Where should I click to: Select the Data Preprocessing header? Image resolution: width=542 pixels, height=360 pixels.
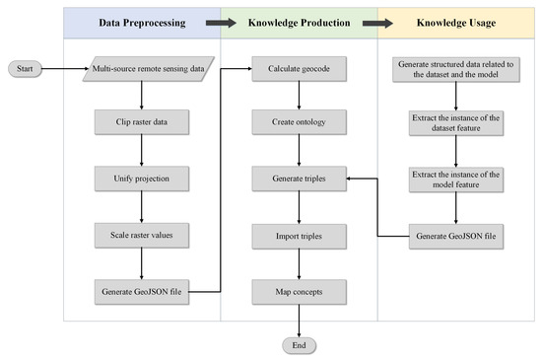point(141,21)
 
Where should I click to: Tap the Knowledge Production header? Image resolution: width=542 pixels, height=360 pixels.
point(298,21)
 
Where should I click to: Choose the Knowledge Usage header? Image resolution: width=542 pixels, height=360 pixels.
point(455,21)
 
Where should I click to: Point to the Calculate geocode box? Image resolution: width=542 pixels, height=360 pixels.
point(298,69)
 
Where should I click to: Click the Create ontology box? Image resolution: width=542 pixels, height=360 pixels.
point(298,124)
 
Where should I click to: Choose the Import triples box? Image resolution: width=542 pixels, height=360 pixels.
point(298,236)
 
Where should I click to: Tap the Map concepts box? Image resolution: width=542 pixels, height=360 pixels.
point(298,292)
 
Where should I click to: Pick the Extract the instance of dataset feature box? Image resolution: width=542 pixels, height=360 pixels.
point(455,124)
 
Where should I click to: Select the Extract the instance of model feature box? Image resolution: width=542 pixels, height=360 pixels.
point(455,180)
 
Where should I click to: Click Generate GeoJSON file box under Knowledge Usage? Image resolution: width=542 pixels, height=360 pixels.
point(455,236)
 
